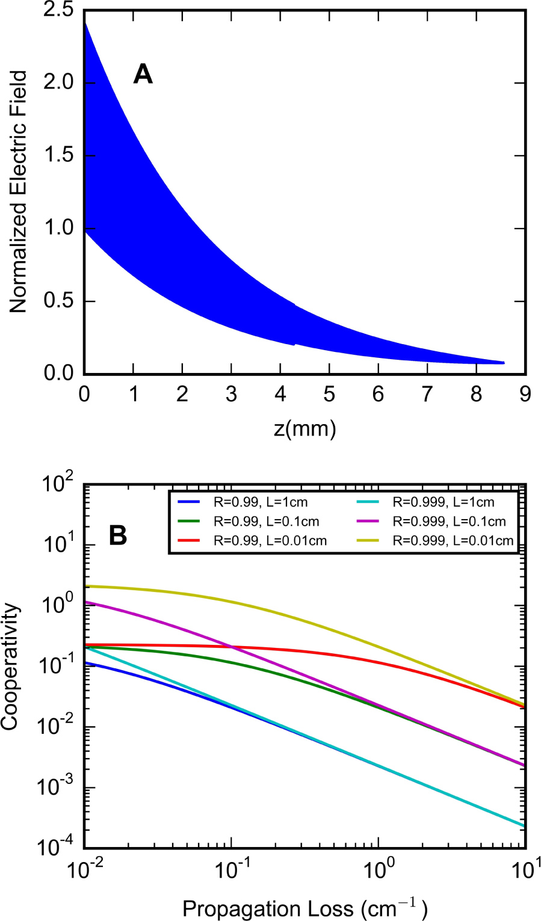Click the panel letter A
pos(143,75)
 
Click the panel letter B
pos(118,535)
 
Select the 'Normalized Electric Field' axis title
pos(19,192)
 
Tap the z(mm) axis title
pos(305,428)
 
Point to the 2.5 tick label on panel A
pos(58,10)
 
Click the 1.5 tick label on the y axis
pos(58,156)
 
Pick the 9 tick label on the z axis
pos(525,395)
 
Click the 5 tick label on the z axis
pos(329,395)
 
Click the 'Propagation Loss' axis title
pos(305,908)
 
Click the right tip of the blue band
pos(504,363)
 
